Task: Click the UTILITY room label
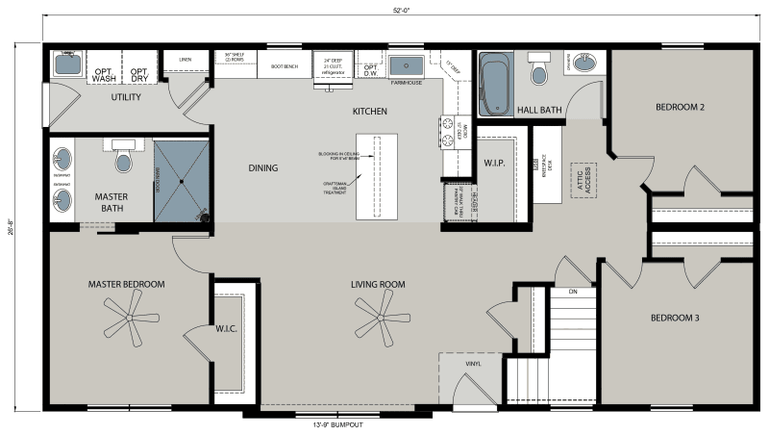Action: pyautogui.click(x=126, y=97)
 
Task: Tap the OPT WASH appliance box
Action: pyautogui.click(x=104, y=74)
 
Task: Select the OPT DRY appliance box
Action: pyautogui.click(x=139, y=74)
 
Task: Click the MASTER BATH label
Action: pyautogui.click(x=112, y=203)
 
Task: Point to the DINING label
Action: pyautogui.click(x=262, y=168)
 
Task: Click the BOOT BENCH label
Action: pyautogui.click(x=285, y=66)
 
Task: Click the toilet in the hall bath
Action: pyautogui.click(x=537, y=71)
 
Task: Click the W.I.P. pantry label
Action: pyautogui.click(x=495, y=163)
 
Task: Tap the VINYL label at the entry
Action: pyautogui.click(x=473, y=363)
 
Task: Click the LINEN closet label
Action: pyautogui.click(x=186, y=60)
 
